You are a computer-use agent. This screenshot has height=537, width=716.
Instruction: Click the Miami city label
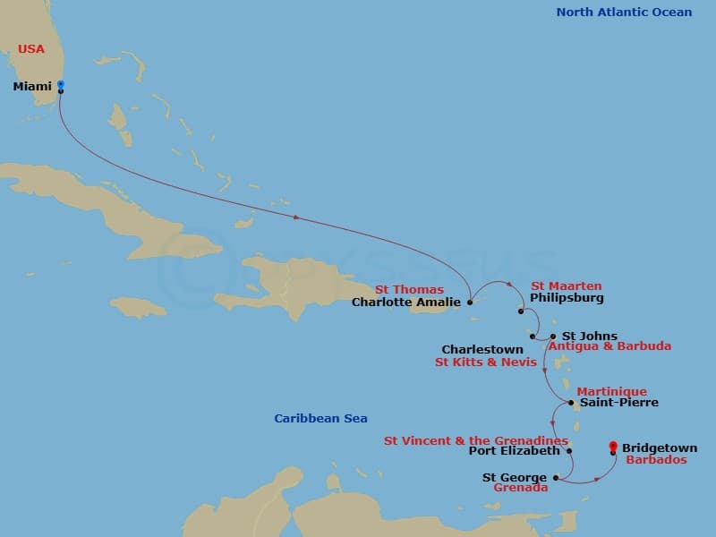(32, 87)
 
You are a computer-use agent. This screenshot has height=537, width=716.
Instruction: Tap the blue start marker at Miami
(60, 85)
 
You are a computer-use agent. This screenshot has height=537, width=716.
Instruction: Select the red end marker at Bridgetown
(612, 446)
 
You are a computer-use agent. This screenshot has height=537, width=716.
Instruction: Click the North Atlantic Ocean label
(624, 13)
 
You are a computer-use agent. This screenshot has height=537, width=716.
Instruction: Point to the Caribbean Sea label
(320, 418)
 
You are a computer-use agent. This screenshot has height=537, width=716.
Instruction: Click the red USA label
(31, 49)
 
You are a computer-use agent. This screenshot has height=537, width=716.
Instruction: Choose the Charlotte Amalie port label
(405, 303)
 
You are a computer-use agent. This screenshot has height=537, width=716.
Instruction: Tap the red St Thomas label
(409, 289)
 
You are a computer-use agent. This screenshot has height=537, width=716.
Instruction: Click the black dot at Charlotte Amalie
(470, 303)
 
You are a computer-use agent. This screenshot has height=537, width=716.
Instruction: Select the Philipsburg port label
(567, 298)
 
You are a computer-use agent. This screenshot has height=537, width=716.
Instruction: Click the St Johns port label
(589, 337)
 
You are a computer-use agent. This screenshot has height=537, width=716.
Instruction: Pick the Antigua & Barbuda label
(609, 346)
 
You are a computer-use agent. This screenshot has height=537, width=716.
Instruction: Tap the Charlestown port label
(482, 350)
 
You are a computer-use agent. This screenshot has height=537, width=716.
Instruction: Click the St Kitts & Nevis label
(486, 362)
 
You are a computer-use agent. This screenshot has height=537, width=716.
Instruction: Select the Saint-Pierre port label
(618, 403)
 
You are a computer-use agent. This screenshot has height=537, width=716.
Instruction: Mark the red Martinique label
(611, 392)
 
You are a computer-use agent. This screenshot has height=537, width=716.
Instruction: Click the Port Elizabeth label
(514, 451)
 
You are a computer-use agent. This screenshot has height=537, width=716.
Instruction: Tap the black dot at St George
(555, 478)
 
